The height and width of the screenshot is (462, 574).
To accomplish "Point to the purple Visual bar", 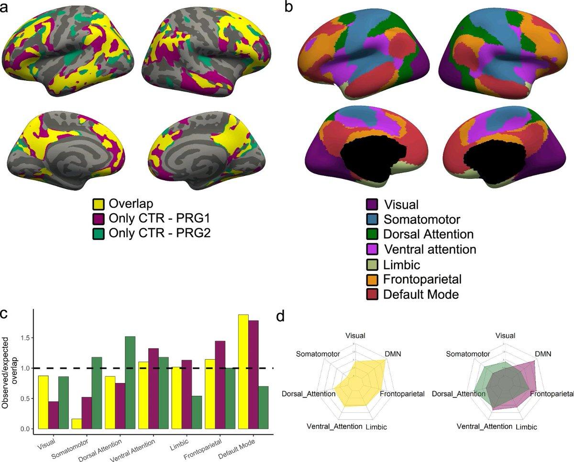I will (x=54, y=415).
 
